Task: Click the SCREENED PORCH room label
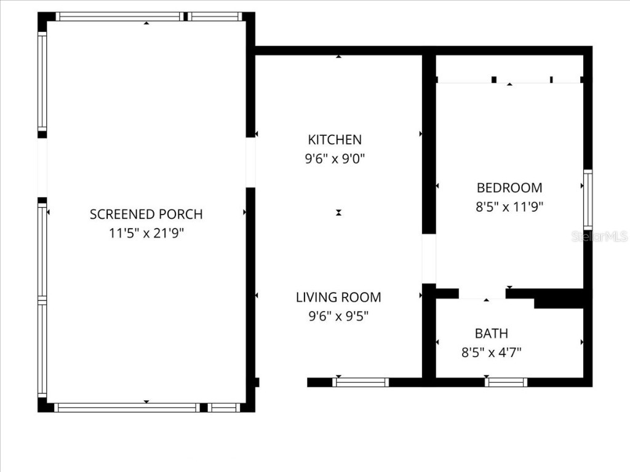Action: [x=146, y=214]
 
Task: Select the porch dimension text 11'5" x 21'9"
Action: [x=146, y=234]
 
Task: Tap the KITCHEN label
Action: [x=335, y=140]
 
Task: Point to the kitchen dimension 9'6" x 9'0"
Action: [x=335, y=159]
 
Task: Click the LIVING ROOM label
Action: [x=338, y=297]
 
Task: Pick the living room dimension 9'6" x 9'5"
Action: [x=338, y=317]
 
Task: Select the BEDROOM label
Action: [x=509, y=187]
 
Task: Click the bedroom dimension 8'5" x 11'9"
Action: [x=509, y=206]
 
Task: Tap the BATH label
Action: [x=491, y=333]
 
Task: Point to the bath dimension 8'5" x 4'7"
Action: [x=491, y=352]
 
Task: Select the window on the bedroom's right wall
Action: [x=588, y=200]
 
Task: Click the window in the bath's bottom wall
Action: [x=506, y=382]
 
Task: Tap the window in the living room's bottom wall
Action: [x=361, y=382]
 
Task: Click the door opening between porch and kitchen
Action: [x=250, y=162]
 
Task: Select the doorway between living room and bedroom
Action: [x=429, y=259]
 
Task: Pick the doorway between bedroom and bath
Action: [x=482, y=294]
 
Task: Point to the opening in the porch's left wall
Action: [x=42, y=168]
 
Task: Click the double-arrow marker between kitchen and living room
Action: [x=338, y=213]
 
